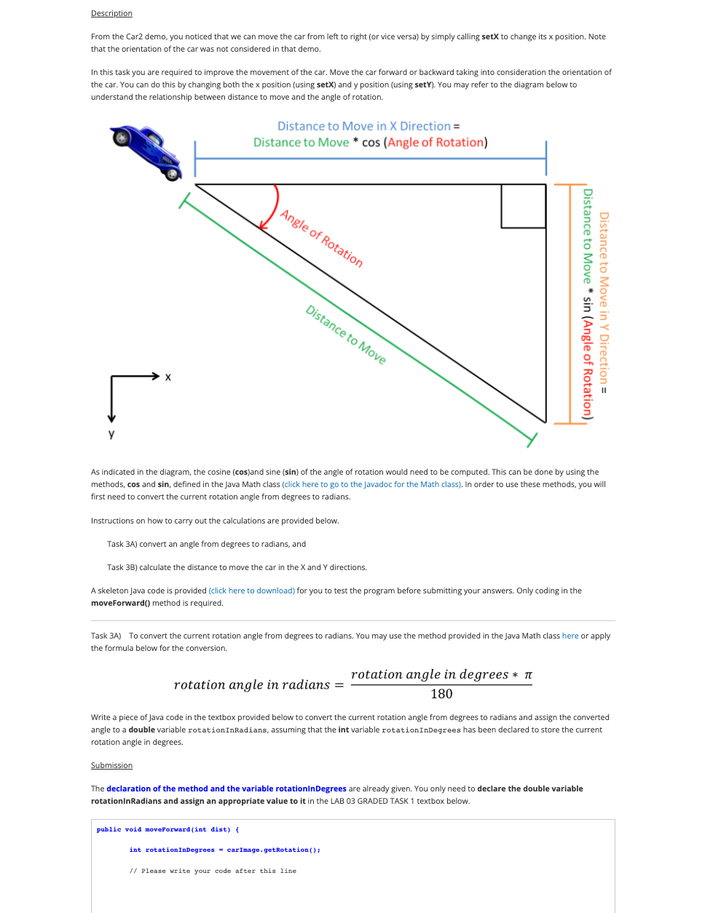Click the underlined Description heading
[x=111, y=13]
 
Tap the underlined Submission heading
[x=111, y=765]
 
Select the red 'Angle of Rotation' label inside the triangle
[x=321, y=238]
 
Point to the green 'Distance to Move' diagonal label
[x=345, y=334]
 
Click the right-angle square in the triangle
[x=523, y=206]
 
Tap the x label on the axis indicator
[x=168, y=377]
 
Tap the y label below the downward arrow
[x=111, y=434]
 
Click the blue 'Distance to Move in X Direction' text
[x=364, y=126]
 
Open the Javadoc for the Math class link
[x=371, y=484]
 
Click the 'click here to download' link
[x=252, y=590]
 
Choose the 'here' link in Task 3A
[x=570, y=636]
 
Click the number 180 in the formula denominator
[x=441, y=694]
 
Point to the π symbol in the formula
[x=528, y=675]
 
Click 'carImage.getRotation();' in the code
[x=273, y=850]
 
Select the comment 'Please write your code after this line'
[x=218, y=871]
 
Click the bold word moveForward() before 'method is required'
[x=120, y=603]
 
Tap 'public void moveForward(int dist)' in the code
[x=164, y=829]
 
